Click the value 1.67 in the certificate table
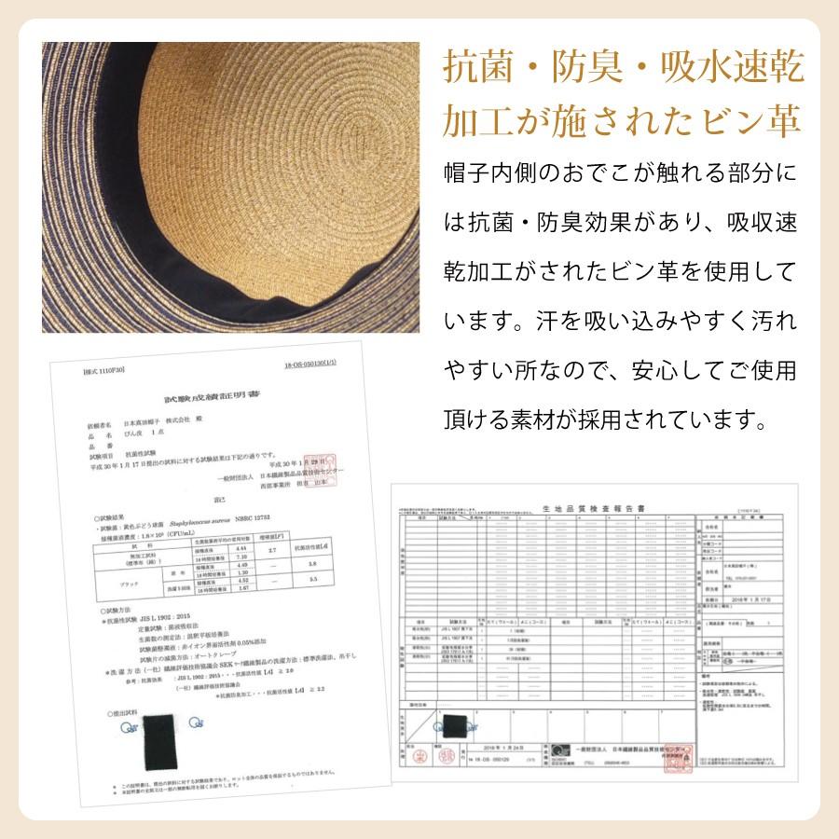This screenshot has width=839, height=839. point(220,587)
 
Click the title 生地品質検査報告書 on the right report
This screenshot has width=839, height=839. point(585,506)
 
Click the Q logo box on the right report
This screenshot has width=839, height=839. point(557,751)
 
